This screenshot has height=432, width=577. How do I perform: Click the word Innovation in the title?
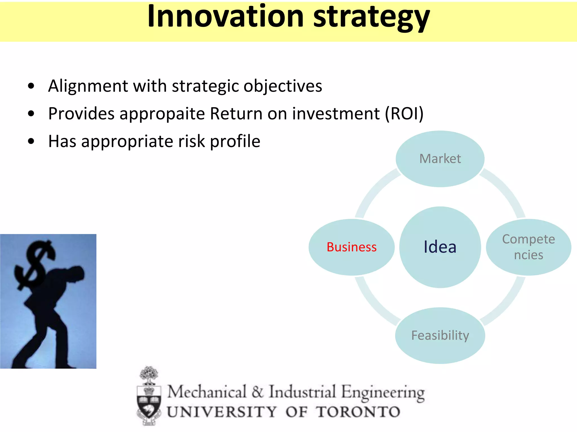pyautogui.click(x=225, y=17)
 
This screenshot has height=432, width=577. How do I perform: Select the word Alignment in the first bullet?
pyautogui.click(x=88, y=86)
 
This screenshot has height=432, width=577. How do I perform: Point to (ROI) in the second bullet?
pyautogui.click(x=404, y=114)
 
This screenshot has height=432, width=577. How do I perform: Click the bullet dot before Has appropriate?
pyautogui.click(x=31, y=141)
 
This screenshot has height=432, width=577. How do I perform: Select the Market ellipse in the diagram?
pyautogui.click(x=440, y=159)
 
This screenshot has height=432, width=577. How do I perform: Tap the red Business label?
pyautogui.click(x=351, y=247)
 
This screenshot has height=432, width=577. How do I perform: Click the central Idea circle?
pyautogui.click(x=440, y=247)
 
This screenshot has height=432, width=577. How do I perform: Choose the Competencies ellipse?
pyautogui.click(x=528, y=247)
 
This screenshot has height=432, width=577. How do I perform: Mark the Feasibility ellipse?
pyautogui.click(x=440, y=335)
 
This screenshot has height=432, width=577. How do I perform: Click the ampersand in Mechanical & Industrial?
pyautogui.click(x=257, y=392)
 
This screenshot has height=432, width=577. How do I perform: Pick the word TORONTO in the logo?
pyautogui.click(x=358, y=412)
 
